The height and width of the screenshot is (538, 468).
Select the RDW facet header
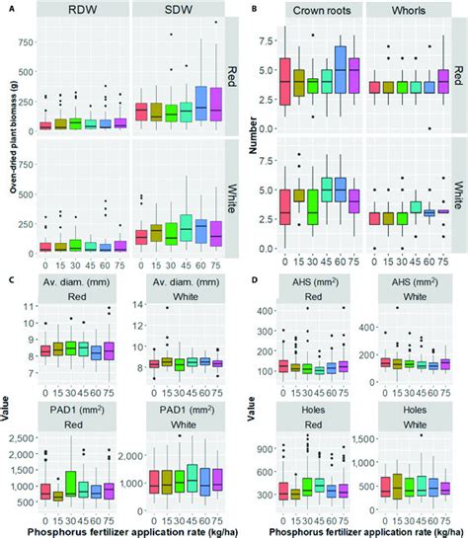[x=82, y=12]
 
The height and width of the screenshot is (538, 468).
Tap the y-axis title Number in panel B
[x=254, y=138]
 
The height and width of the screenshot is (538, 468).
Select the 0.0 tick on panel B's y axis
[x=263, y=248]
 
